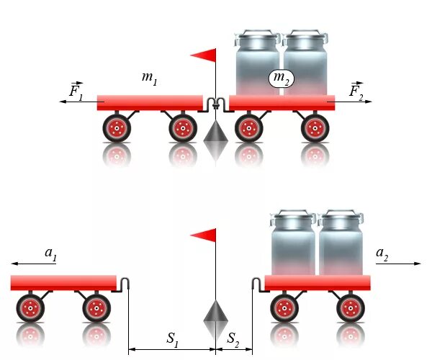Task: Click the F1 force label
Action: click(x=76, y=91)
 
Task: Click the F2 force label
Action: click(x=356, y=91)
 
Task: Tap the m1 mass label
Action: click(x=149, y=78)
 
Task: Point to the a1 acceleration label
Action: click(x=50, y=253)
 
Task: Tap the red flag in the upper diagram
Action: click(x=204, y=55)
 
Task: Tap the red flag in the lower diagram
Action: click(x=204, y=235)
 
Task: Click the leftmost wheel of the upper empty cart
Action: click(x=115, y=129)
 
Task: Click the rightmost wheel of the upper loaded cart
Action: click(x=315, y=129)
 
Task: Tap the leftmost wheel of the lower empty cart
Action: click(x=30, y=309)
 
